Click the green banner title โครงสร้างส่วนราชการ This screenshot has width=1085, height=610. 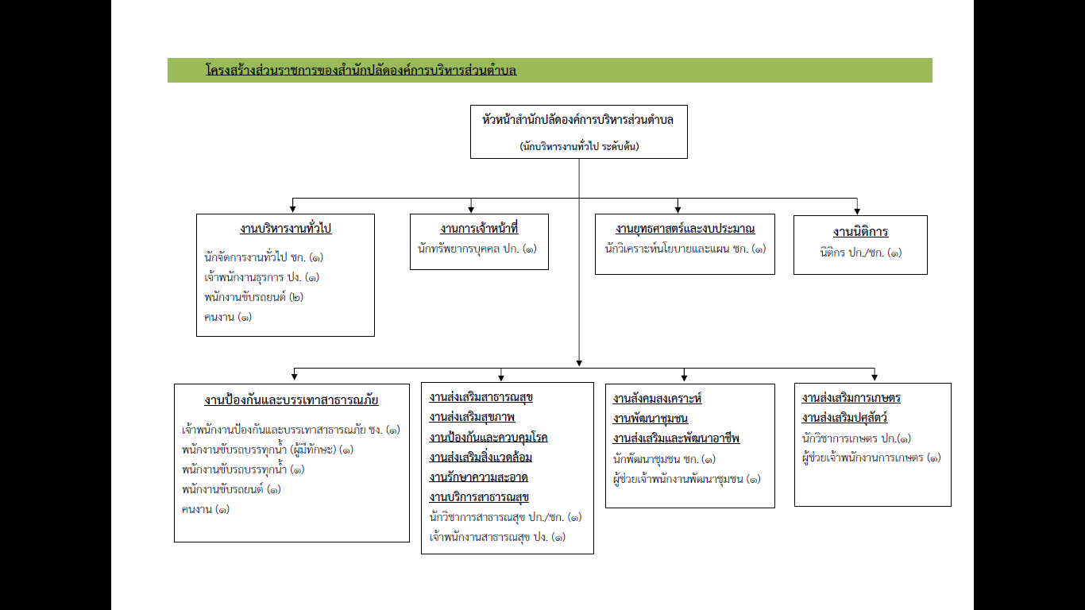(361, 70)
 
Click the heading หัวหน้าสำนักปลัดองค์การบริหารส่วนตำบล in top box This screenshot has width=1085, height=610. (578, 120)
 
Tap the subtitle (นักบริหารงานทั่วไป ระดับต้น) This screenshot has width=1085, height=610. (579, 146)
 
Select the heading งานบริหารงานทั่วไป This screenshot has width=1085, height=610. (286, 228)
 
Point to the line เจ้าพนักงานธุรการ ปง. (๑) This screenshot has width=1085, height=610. (261, 278)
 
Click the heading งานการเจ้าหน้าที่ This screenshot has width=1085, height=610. (479, 228)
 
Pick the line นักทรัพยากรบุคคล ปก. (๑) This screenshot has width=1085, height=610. (477, 249)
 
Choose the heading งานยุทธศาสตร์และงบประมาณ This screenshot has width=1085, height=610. (685, 228)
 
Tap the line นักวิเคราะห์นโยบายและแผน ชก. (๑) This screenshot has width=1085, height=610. (685, 249)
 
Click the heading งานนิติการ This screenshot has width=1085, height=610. (861, 232)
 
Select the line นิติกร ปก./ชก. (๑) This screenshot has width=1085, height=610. (861, 253)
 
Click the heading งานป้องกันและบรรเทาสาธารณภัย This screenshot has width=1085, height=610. (292, 400)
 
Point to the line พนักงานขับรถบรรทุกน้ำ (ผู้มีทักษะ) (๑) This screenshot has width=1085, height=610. (268, 450)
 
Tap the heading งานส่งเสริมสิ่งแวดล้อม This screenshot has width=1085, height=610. (481, 457)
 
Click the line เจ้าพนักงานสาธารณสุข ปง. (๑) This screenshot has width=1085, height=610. (497, 537)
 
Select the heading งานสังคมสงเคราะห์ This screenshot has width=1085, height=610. (657, 399)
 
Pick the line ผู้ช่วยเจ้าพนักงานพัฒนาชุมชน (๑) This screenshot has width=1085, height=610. (686, 479)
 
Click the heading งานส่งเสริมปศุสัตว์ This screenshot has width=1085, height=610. (844, 417)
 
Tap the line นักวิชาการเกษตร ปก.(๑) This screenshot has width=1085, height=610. (856, 438)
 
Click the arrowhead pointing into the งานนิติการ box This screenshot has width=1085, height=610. (857, 211)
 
